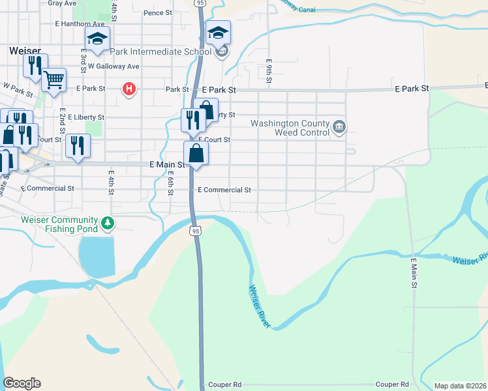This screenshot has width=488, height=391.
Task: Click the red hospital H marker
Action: click(129, 89)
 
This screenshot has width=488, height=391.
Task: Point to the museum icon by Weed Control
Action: click(339, 127)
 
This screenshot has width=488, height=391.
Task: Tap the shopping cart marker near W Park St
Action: click(54, 80)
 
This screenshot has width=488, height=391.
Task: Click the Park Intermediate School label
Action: click(160, 51)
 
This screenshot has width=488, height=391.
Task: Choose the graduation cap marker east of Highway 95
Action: click(218, 32)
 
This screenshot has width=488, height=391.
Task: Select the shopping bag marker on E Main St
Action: click(196, 153)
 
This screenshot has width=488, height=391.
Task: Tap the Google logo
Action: click(22, 383)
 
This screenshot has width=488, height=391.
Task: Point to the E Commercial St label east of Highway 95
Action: click(224, 190)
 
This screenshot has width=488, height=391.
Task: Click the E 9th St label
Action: click(268, 72)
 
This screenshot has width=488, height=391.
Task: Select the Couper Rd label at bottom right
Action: click(391, 384)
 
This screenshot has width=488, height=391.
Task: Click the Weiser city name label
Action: click(25, 50)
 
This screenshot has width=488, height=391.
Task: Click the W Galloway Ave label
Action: click(114, 66)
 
